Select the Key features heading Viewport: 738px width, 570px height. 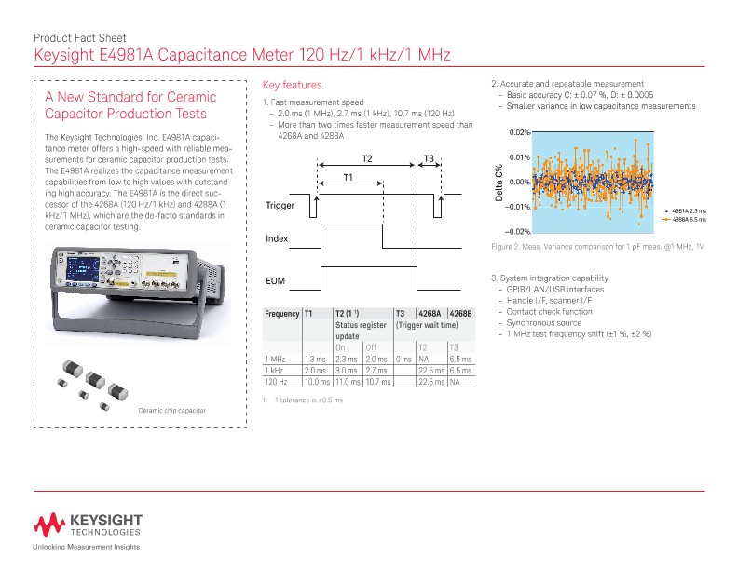[x=293, y=85]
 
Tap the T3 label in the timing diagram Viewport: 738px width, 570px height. [x=429, y=158]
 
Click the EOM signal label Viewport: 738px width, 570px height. [x=275, y=279]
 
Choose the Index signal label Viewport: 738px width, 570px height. [x=277, y=239]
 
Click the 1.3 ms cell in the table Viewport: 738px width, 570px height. [x=315, y=359]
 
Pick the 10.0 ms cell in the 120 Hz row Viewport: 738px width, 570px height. [x=317, y=381]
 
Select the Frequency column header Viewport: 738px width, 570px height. [x=281, y=314]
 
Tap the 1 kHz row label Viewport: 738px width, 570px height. [x=275, y=370]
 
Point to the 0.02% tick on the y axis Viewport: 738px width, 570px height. [x=519, y=133]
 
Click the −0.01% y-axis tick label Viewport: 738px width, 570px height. [x=517, y=207]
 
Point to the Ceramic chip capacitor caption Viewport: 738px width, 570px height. [x=171, y=411]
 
